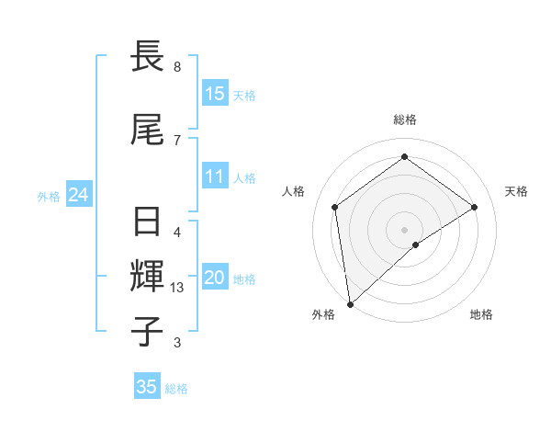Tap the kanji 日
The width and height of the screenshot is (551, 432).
click(148, 222)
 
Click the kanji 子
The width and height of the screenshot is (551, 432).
click(148, 331)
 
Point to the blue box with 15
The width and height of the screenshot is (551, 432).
click(215, 94)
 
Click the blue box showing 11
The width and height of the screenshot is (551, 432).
click(215, 176)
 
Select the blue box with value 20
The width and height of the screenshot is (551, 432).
click(215, 278)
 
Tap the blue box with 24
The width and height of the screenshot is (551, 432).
click(78, 195)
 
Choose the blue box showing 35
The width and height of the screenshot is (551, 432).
click(147, 387)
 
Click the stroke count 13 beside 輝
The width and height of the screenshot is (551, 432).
click(178, 288)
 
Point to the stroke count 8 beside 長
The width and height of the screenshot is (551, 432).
click(177, 67)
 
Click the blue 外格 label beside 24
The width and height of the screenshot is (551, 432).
click(49, 196)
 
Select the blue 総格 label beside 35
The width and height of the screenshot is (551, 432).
click(176, 388)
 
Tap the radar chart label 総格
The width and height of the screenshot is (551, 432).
click(405, 119)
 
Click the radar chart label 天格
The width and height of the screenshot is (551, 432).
click(516, 191)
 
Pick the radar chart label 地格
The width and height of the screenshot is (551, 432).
click(481, 314)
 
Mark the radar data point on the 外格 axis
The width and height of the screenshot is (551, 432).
click(350, 303)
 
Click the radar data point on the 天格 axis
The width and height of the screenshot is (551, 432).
click(475, 207)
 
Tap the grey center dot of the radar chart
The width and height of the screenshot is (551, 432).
click(405, 229)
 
